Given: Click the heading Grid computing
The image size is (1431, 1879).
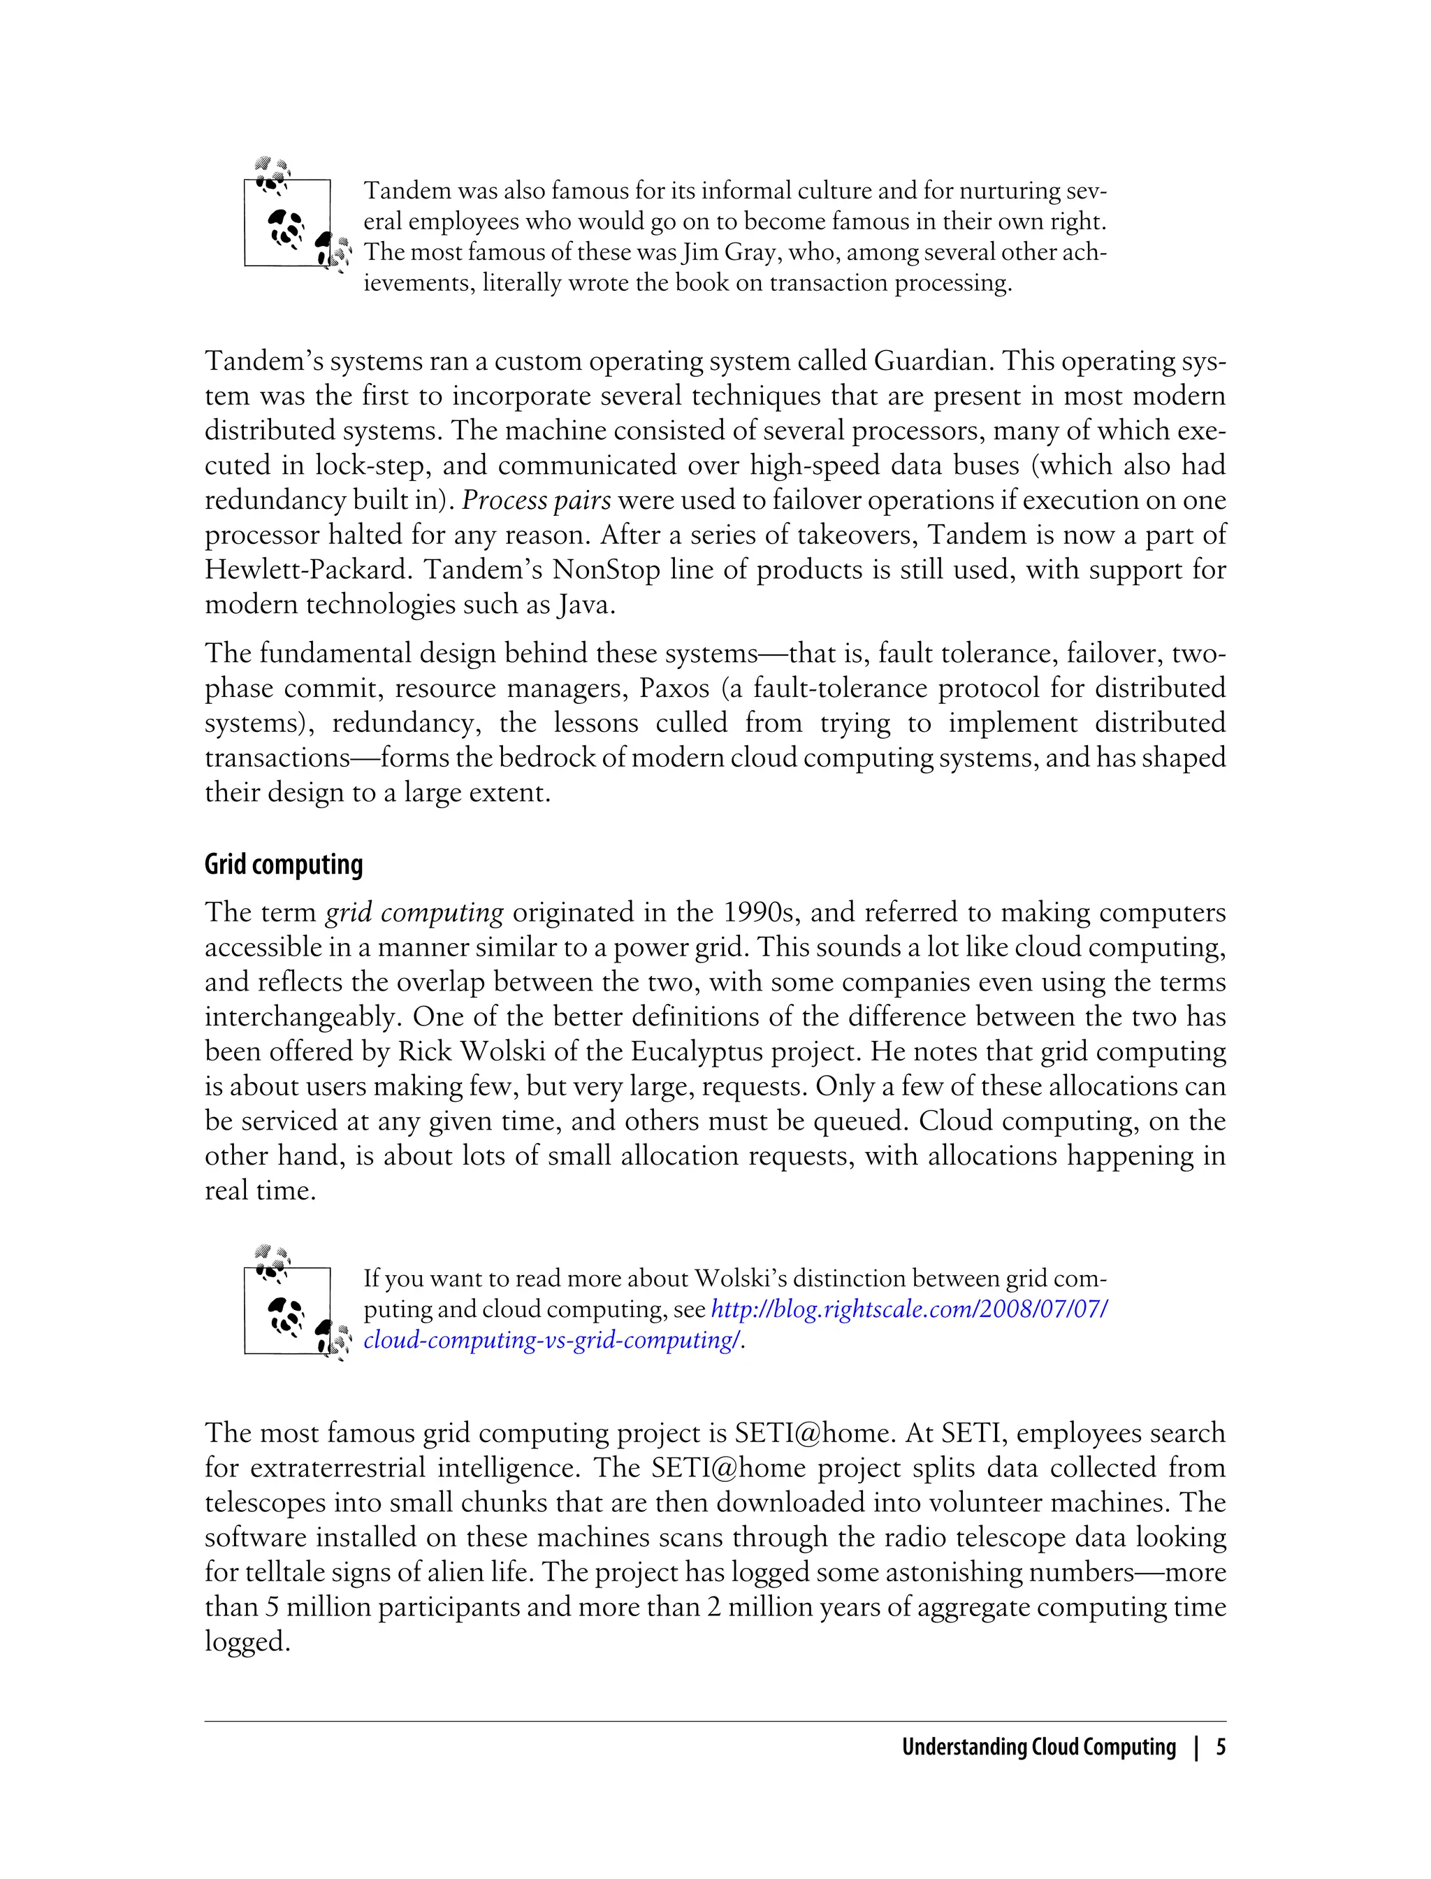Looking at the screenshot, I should pos(284,865).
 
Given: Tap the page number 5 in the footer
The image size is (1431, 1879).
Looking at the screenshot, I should pos(1221,1748).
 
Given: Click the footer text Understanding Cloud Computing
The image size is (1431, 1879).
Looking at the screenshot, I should pos(1038,1748).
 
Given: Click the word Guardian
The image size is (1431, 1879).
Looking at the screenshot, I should pos(930,361).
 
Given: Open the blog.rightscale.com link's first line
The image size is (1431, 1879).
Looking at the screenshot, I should pos(909,1309).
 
